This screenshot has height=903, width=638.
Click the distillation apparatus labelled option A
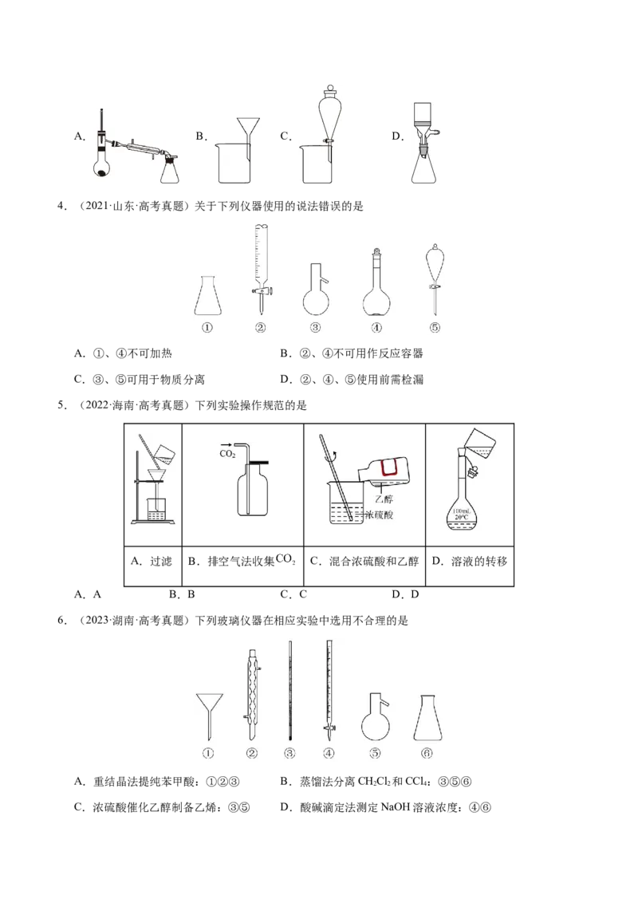pos(136,146)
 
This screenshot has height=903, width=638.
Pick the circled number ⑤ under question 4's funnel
pos(435,328)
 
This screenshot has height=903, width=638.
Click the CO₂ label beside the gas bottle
pos(227,454)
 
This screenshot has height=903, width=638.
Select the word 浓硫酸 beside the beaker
pos(380,515)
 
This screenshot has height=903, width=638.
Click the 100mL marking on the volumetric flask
pos(461,511)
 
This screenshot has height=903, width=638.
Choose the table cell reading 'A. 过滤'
pos(152,562)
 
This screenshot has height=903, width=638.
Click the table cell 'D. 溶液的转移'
pos(469,562)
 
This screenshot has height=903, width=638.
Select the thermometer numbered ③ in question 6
pos(289,691)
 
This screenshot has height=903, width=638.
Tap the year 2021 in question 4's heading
pos(96,206)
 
